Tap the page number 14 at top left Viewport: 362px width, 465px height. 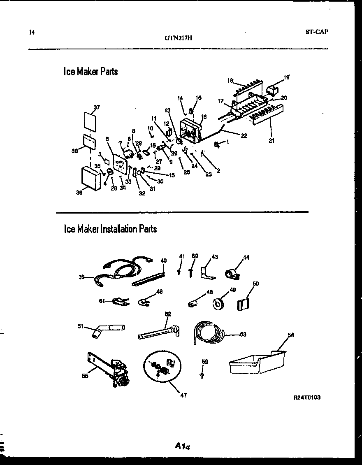[32, 32]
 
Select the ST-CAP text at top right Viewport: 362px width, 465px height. [317, 32]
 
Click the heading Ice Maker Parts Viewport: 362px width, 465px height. [90, 72]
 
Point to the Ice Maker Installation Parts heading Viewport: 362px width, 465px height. [110, 228]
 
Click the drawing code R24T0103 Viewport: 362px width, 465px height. [307, 397]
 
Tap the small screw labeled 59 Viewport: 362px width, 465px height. [202, 375]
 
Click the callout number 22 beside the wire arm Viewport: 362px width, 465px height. [244, 135]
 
